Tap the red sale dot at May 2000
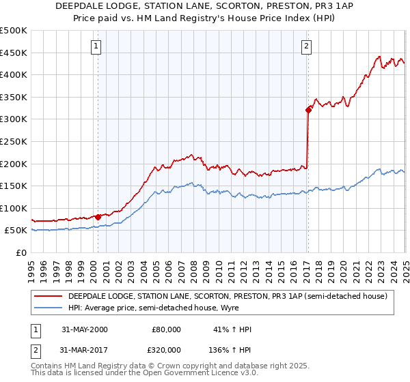[98, 217]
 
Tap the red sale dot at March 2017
[308, 109]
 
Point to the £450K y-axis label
[14, 53]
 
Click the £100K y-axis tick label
[14, 208]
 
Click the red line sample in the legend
[48, 296]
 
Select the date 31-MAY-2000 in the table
[84, 329]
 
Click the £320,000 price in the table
[166, 349]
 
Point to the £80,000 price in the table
[166, 329]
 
